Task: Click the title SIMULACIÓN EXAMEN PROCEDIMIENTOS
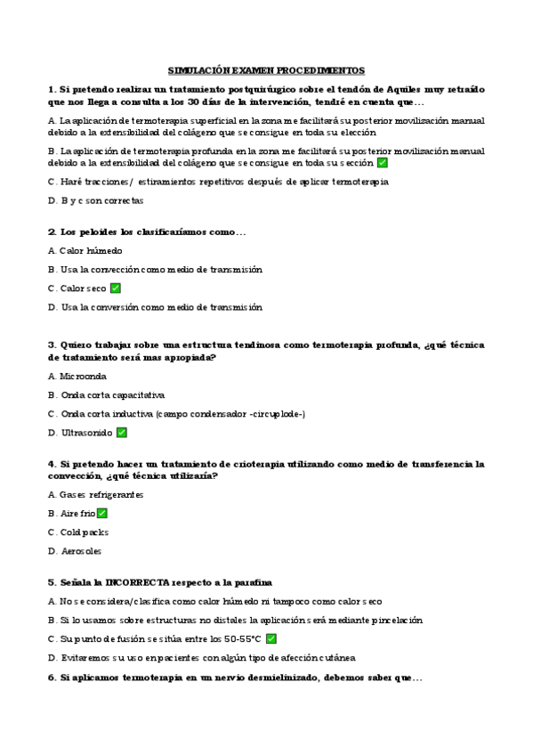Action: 266,70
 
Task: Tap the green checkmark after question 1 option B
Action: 382,163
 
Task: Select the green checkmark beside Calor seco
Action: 116,288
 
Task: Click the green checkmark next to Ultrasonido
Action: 122,433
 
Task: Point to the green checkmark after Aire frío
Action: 102,514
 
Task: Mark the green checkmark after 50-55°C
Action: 271,638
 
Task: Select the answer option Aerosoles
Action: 77,551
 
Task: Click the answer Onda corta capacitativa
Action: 112,394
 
